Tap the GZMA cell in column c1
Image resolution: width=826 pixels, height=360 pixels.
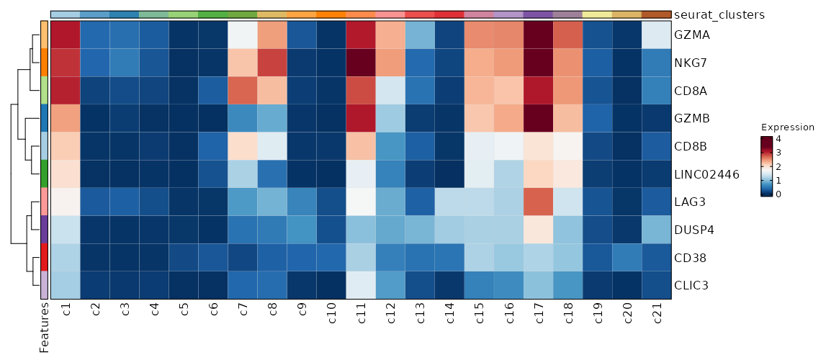[66, 34]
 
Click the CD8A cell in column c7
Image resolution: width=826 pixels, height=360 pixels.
[242, 90]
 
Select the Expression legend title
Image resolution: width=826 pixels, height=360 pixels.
[787, 127]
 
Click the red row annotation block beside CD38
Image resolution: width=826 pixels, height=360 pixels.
[44, 257]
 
